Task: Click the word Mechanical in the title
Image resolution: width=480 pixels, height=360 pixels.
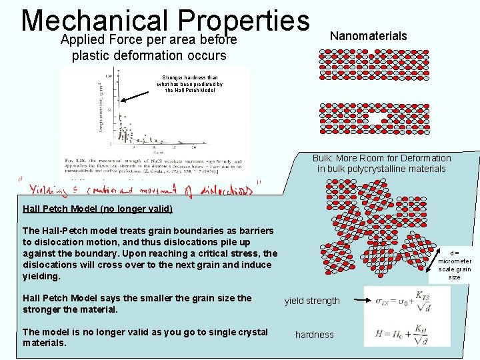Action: (x=94, y=20)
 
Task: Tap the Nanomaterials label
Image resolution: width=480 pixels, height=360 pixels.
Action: (x=368, y=36)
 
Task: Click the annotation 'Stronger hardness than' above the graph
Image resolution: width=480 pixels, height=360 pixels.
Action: (x=189, y=77)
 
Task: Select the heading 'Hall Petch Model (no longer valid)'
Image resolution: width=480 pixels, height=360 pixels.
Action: (x=97, y=209)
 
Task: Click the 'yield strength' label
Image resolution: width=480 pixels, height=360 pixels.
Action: (x=312, y=301)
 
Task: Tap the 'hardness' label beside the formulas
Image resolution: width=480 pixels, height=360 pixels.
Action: (x=314, y=335)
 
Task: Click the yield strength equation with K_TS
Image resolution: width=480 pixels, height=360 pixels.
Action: (x=407, y=301)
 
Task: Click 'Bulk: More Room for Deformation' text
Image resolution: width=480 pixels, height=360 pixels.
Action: (x=381, y=159)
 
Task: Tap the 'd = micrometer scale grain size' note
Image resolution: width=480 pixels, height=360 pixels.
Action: (x=454, y=265)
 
